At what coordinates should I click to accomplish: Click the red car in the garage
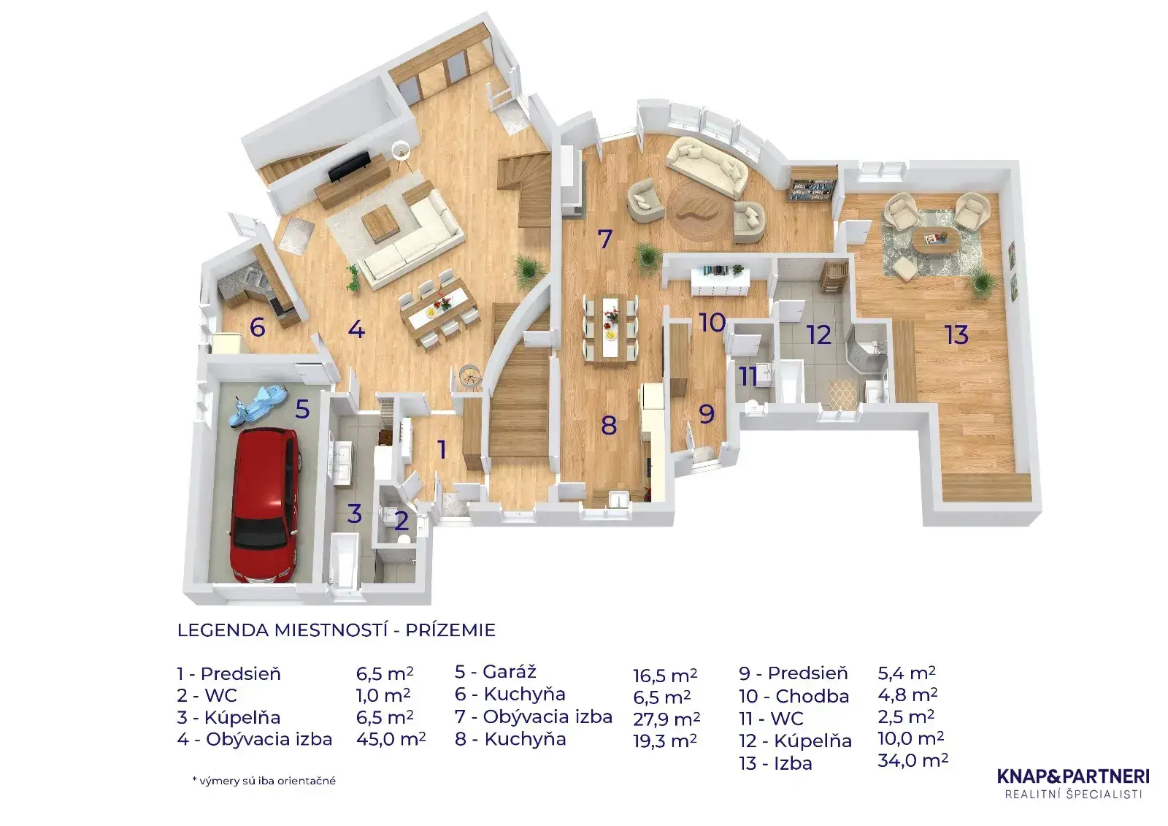pyautogui.click(x=265, y=504)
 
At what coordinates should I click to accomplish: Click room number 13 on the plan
pyautogui.click(x=956, y=335)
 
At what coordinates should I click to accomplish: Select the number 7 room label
pyautogui.click(x=604, y=239)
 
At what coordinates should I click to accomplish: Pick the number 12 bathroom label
pyautogui.click(x=818, y=335)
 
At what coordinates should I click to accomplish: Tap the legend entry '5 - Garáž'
pyautogui.click(x=496, y=671)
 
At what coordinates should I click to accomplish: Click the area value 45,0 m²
pyautogui.click(x=391, y=739)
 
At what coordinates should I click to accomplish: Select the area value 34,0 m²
pyautogui.click(x=912, y=760)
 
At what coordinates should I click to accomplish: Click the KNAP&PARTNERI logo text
pyautogui.click(x=1073, y=776)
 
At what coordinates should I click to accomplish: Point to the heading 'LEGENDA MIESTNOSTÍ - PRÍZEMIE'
pyautogui.click(x=337, y=630)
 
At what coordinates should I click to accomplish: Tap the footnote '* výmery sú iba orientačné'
pyautogui.click(x=264, y=781)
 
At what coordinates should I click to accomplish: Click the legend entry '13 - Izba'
pyautogui.click(x=775, y=763)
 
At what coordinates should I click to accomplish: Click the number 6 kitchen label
pyautogui.click(x=257, y=327)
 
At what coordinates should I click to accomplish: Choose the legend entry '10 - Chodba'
pyautogui.click(x=794, y=697)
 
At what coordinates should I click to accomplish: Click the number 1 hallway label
pyautogui.click(x=442, y=450)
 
